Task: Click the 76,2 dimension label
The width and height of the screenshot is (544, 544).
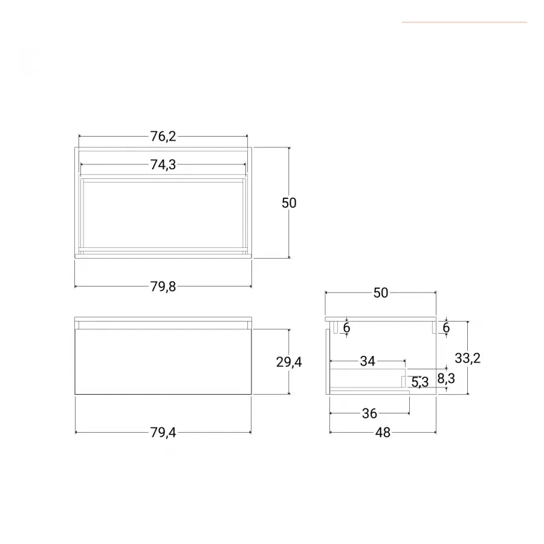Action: point(163,137)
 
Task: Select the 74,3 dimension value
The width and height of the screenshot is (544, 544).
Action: point(163,165)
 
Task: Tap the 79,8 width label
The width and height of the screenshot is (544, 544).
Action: point(163,287)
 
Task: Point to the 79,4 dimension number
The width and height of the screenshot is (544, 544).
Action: point(163,433)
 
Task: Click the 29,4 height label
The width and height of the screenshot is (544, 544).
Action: point(289,362)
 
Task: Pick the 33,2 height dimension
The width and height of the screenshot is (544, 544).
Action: point(468,358)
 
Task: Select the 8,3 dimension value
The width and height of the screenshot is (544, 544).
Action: point(446,378)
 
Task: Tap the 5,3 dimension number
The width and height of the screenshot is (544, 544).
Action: point(420,383)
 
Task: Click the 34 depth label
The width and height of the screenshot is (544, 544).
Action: point(368,361)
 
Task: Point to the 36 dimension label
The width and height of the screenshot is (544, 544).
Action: point(369,413)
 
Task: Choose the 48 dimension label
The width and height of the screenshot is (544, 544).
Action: point(383,433)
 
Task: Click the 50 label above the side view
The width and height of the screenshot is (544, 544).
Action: point(381,293)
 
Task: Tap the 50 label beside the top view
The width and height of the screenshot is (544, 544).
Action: point(289,203)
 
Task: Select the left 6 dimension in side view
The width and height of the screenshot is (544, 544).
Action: point(346,328)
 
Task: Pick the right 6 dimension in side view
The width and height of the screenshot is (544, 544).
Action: point(446,328)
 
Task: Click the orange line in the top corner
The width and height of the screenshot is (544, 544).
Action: point(465,22)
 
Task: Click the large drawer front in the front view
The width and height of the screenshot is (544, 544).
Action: point(163,361)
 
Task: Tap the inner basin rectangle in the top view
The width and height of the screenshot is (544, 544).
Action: point(163,215)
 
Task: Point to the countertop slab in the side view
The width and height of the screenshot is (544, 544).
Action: point(381,319)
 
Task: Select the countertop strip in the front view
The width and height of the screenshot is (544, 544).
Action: point(163,319)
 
